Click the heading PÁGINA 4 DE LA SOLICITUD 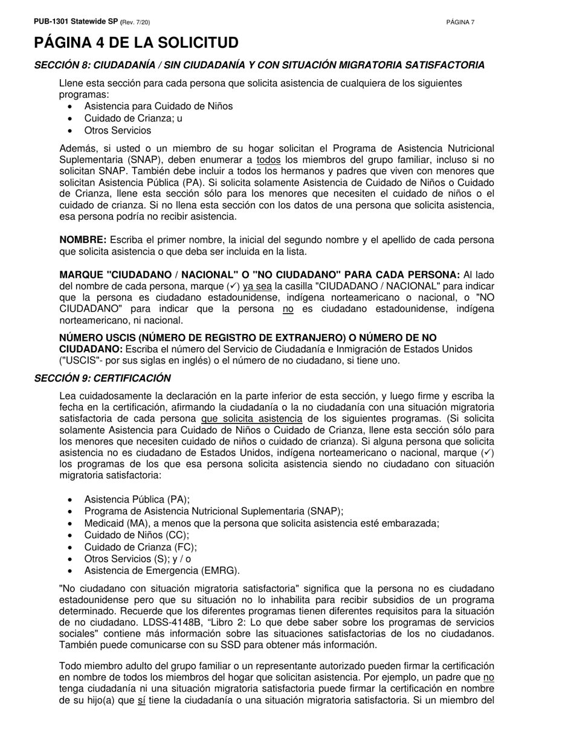(136, 43)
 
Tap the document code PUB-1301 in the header (50, 22)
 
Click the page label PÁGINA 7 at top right (460, 22)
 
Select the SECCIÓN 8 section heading (259, 65)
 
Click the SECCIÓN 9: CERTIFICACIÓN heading (103, 378)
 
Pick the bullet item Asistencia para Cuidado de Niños (158, 106)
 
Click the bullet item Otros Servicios (118, 130)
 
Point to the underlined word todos (269, 160)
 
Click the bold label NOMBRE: (83, 240)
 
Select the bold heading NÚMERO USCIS (248, 338)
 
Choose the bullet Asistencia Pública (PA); (137, 500)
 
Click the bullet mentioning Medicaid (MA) (262, 524)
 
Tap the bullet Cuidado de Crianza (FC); (141, 547)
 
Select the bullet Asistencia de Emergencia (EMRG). (162, 571)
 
